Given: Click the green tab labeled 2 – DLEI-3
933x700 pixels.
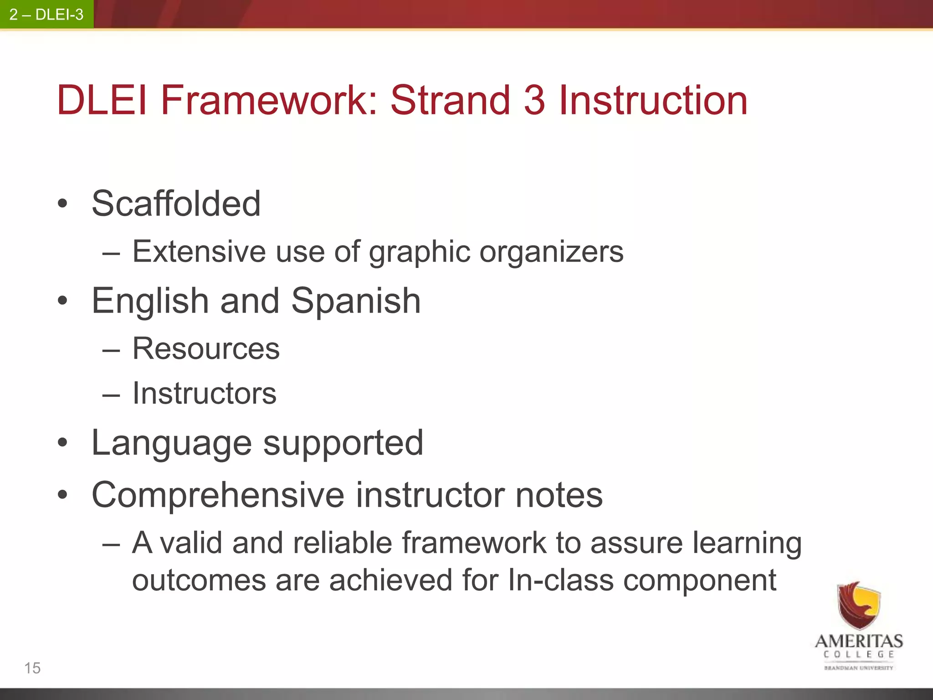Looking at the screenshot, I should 46,15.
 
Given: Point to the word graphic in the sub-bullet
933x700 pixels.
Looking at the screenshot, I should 419,252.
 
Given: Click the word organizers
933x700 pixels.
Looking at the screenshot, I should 551,252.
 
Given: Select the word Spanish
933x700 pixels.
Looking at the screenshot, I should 356,301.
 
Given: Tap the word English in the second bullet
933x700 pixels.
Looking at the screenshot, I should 150,301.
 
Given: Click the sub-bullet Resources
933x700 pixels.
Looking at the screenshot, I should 206,349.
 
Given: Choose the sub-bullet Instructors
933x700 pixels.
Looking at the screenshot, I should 204,393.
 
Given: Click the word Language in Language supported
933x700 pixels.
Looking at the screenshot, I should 171,443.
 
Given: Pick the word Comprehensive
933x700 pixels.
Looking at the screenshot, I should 218,495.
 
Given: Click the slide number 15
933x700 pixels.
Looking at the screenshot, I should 32,668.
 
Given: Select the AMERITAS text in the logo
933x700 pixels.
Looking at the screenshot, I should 859,641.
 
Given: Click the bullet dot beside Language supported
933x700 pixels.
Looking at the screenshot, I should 63,443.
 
